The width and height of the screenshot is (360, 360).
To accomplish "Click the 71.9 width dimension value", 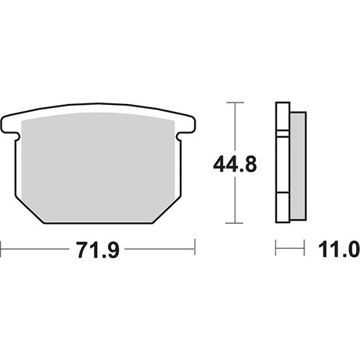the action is (98, 250).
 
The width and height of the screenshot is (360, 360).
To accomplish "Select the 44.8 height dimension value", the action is (235, 164).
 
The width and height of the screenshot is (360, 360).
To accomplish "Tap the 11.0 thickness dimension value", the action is (339, 250).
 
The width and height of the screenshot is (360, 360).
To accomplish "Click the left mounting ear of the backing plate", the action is (10, 124).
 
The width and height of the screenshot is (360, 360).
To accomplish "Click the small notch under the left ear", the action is (17, 136).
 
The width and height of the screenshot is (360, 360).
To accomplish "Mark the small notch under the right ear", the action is (179, 136).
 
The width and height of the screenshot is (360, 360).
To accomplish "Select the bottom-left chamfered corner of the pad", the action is (29, 210).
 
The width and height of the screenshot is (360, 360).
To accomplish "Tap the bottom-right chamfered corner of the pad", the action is (167, 210).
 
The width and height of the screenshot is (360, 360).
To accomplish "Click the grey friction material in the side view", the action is (298, 166).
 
